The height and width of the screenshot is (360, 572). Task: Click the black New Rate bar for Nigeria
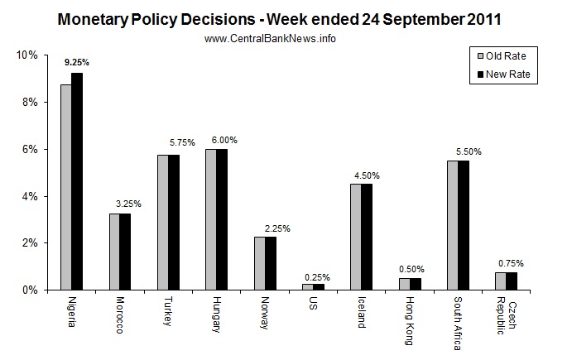77,181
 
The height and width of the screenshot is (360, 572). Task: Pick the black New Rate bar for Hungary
221,219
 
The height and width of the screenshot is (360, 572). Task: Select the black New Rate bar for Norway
269,263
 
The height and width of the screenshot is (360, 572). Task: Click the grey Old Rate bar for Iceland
354,237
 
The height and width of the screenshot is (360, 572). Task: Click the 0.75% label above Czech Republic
516,263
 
